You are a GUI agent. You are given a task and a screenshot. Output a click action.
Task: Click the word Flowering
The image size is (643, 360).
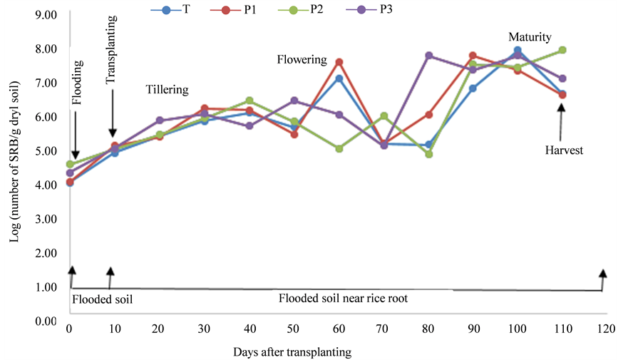tap(302, 60)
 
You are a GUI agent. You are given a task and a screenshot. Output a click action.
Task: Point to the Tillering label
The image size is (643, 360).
tap(168, 90)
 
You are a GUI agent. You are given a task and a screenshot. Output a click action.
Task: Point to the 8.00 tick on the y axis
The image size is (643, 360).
tap(46, 49)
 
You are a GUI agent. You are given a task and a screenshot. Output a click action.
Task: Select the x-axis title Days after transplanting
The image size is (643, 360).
tap(292, 351)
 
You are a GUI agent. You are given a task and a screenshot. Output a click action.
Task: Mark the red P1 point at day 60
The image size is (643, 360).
tap(339, 62)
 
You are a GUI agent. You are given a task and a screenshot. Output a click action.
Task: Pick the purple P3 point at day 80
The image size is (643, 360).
tap(429, 56)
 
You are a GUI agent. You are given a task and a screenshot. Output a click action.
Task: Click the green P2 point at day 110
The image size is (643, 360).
tap(562, 50)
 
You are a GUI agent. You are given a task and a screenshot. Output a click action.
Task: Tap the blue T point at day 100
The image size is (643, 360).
tap(518, 51)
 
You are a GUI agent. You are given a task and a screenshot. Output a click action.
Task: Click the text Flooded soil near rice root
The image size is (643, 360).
tap(343, 299)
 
